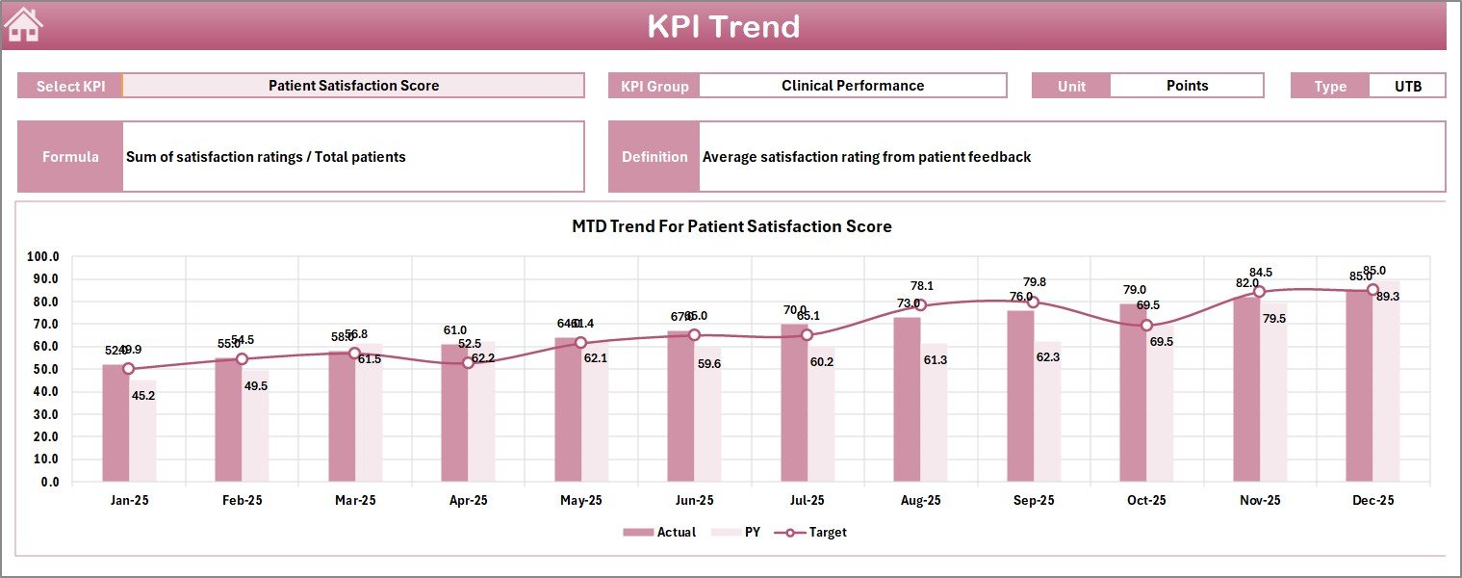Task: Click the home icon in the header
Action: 24,25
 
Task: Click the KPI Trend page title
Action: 723,27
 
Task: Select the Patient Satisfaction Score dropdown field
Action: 353,86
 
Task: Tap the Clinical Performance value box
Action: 852,86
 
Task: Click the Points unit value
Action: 1186,86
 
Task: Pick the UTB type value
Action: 1406,86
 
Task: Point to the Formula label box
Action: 70,157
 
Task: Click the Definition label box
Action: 654,157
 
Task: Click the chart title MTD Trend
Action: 731,226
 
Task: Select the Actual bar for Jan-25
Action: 115,424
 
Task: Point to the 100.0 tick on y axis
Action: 43,257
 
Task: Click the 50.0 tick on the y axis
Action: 43,369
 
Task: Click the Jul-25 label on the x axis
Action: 807,501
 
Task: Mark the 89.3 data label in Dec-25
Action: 1387,297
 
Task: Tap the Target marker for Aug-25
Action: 920,305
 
